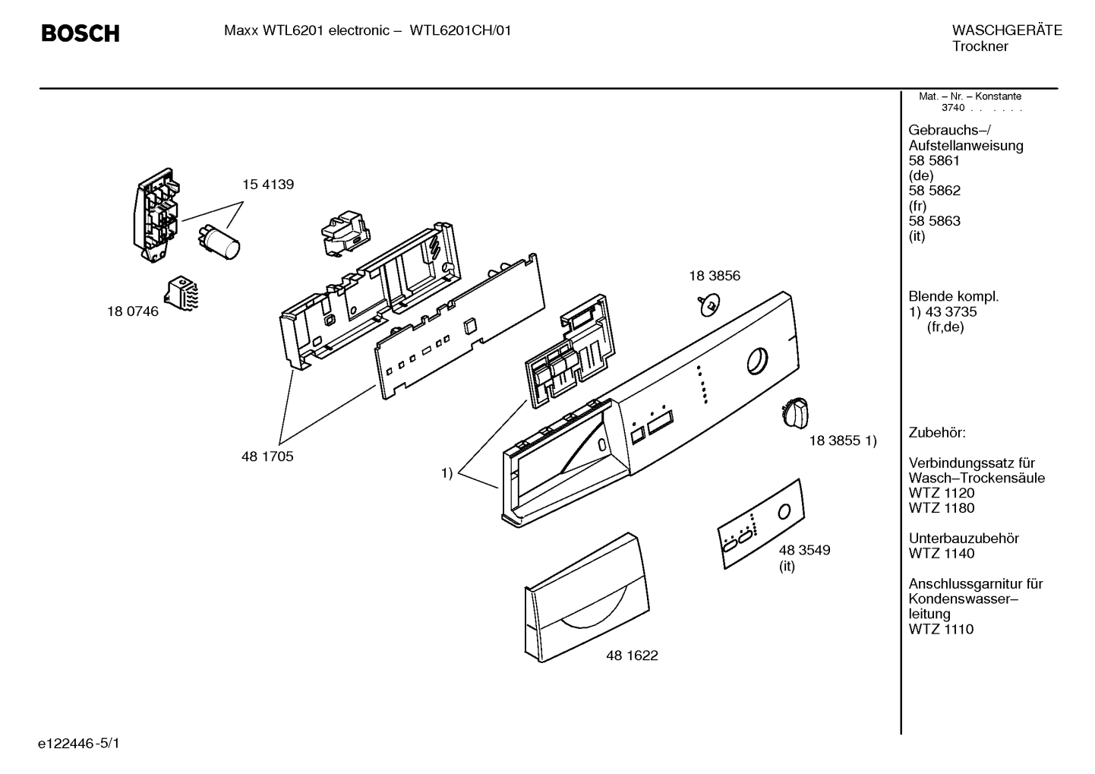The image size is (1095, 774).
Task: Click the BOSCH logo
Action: coord(80,33)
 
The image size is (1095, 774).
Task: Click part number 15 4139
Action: coord(267,185)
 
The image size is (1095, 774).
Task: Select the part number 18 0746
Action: coord(133,311)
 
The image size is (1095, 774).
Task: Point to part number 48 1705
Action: coord(267,457)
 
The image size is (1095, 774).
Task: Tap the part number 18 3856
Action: coord(714,276)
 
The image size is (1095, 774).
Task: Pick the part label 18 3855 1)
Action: coord(842,441)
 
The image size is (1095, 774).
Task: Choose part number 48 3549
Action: coord(804,550)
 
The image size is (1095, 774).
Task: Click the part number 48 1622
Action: coord(632,656)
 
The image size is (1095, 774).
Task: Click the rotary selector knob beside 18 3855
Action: coord(793,413)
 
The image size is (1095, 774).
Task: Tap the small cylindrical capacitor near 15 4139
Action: coord(219,237)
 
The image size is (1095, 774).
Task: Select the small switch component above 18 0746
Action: coord(183,293)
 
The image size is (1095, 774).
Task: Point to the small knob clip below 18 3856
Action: coord(708,305)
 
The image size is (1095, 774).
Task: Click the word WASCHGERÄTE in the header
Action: coord(1006,30)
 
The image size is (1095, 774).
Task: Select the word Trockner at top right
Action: coord(980,46)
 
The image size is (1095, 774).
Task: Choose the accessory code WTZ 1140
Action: coord(941,554)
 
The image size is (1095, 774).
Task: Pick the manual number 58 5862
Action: coord(934,191)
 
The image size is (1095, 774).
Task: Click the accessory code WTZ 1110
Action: coord(941,629)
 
